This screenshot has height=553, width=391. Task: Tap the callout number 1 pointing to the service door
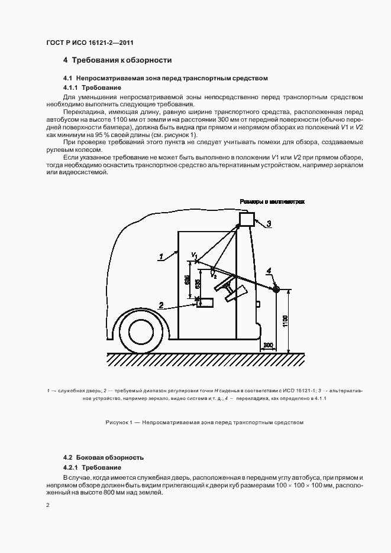[x=160, y=256]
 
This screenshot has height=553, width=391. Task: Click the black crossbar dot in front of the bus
[x=276, y=288]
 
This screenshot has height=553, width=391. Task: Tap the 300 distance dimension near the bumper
[x=268, y=344]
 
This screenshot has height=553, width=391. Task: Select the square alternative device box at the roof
[x=246, y=219]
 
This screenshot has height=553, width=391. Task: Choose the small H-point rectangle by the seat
[x=206, y=302]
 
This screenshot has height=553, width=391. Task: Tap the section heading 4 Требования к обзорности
[x=117, y=60]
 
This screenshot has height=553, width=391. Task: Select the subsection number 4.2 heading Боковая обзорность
[x=104, y=458]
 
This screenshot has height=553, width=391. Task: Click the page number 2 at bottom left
[x=48, y=505]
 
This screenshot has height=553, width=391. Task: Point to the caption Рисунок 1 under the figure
[x=204, y=422]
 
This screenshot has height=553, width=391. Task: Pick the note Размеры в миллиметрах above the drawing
[x=272, y=202]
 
